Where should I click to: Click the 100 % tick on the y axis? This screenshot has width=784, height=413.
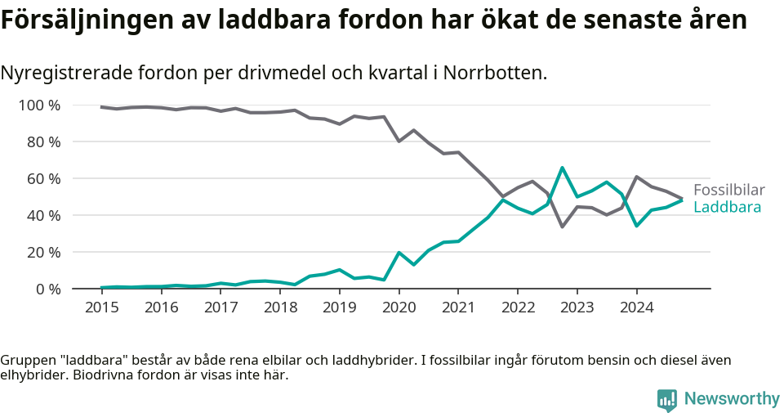pyautogui.click(x=39, y=105)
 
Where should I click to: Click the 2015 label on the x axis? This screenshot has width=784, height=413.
pyautogui.click(x=101, y=308)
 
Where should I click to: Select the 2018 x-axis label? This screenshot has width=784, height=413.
pyautogui.click(x=280, y=308)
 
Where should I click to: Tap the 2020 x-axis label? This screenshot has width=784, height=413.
pyautogui.click(x=399, y=308)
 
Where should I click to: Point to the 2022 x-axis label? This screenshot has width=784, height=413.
pyautogui.click(x=518, y=308)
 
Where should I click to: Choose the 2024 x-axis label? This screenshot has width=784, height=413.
pyautogui.click(x=636, y=308)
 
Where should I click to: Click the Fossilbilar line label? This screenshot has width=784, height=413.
pyautogui.click(x=728, y=190)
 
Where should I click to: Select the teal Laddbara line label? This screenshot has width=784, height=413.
pyautogui.click(x=727, y=208)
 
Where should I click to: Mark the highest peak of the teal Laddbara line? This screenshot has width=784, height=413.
pyautogui.click(x=562, y=168)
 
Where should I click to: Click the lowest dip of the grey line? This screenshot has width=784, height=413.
pyautogui.click(x=562, y=227)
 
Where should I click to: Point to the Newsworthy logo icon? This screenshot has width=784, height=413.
pyautogui.click(x=667, y=399)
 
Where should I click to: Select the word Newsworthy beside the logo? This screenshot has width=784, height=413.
pyautogui.click(x=732, y=399)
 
